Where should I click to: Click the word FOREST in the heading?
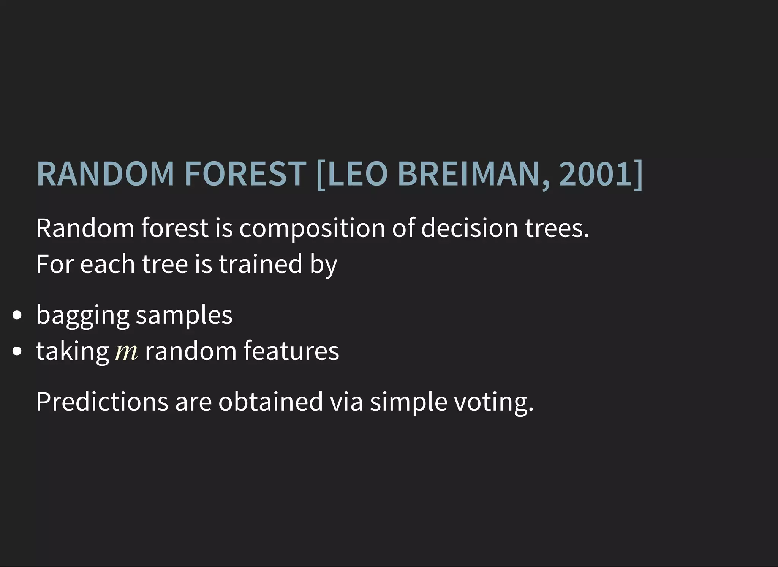click(x=245, y=174)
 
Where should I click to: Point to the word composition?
click(x=312, y=229)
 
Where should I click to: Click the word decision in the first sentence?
click(x=469, y=228)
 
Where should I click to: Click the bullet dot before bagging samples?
click(x=17, y=315)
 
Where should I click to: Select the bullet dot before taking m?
click(x=17, y=351)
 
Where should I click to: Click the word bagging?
click(x=82, y=315)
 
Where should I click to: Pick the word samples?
click(x=184, y=315)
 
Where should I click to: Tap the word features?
click(x=291, y=351)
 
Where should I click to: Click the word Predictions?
click(x=102, y=402)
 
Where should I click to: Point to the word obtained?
click(x=270, y=402)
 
